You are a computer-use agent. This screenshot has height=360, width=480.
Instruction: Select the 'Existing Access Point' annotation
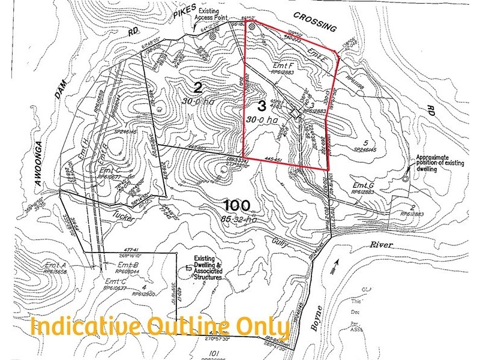214,14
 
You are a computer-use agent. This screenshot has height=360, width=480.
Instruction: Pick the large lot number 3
261,107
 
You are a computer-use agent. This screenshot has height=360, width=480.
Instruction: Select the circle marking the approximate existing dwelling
406,178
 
